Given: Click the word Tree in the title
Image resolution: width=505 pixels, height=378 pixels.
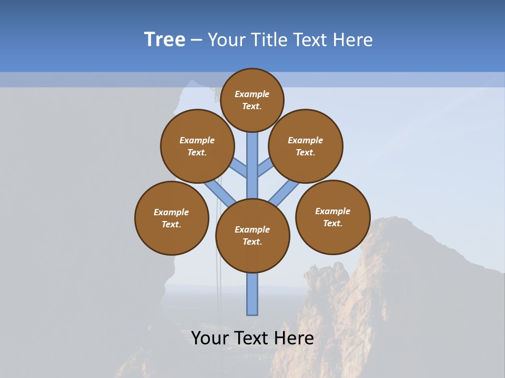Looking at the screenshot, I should point(165,40).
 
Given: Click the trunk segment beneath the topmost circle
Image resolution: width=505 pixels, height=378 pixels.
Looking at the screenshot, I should point(252,157).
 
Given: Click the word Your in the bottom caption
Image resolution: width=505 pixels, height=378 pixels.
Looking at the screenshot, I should point(209,338).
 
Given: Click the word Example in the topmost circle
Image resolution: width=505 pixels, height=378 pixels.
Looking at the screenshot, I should point(252,94).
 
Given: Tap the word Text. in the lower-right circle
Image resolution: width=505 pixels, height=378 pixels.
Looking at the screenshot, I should point(332,223).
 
